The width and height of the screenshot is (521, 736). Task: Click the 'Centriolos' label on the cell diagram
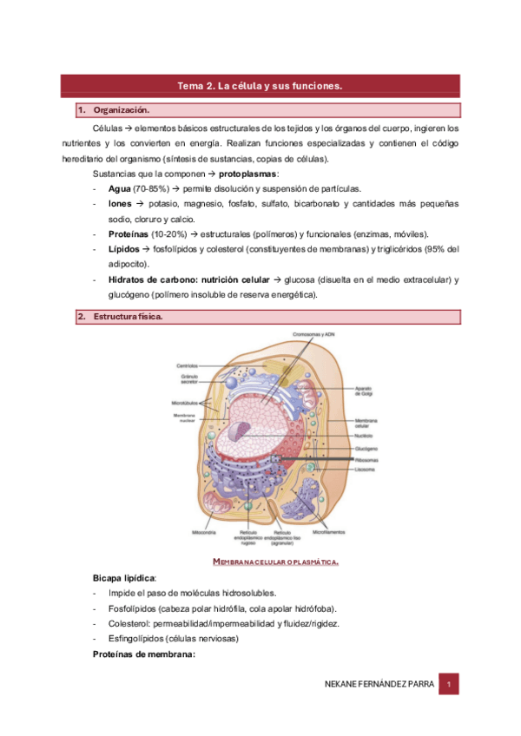(x=187, y=365)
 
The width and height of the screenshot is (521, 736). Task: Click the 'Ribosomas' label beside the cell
(x=366, y=459)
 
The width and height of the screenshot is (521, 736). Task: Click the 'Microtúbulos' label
(x=186, y=404)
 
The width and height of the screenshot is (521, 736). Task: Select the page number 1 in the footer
(x=448, y=685)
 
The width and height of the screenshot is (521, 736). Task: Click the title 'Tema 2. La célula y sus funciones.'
(x=260, y=86)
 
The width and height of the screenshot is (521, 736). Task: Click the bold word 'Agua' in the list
(x=120, y=188)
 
